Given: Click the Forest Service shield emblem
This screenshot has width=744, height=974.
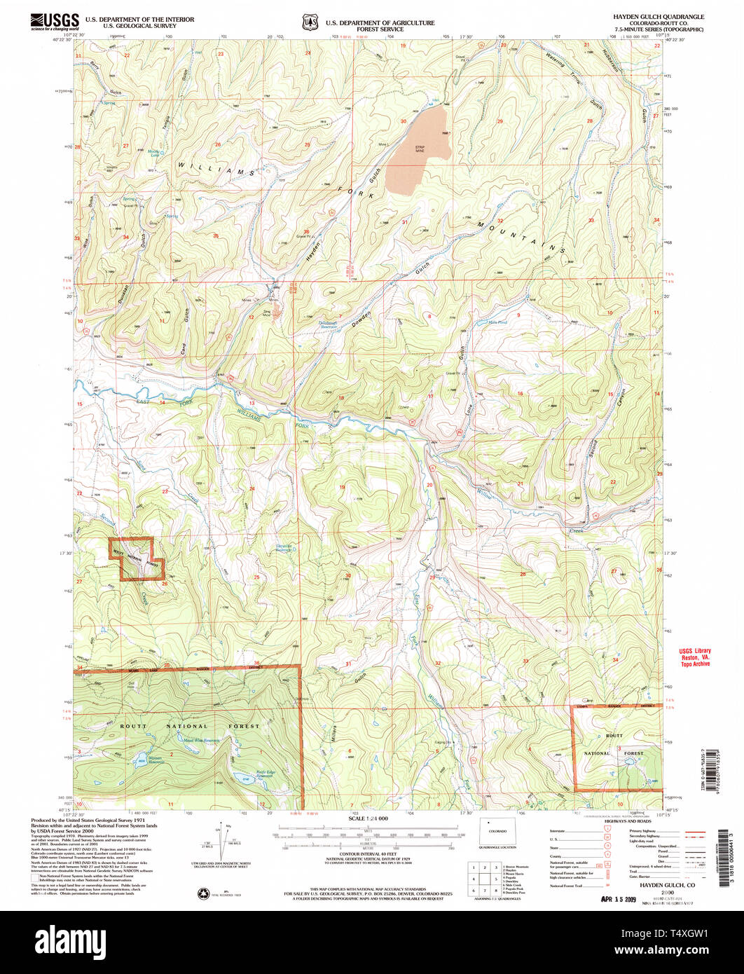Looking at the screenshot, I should (x=309, y=22).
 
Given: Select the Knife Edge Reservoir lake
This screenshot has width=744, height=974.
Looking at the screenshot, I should (x=243, y=777).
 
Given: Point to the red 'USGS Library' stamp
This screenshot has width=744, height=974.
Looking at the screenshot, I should (x=694, y=657).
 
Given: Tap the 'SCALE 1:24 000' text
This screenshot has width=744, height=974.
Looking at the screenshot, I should (x=368, y=818).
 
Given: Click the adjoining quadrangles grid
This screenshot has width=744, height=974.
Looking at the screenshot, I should (x=483, y=879).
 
